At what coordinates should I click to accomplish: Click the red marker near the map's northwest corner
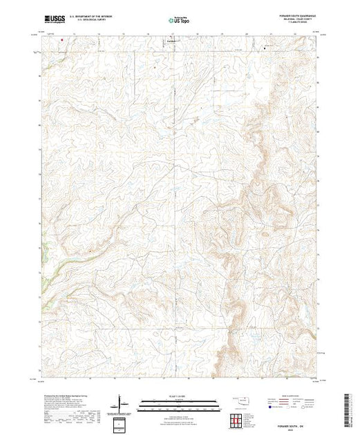62,39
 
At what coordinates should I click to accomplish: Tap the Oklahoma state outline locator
242,400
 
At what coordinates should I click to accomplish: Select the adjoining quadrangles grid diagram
238,418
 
